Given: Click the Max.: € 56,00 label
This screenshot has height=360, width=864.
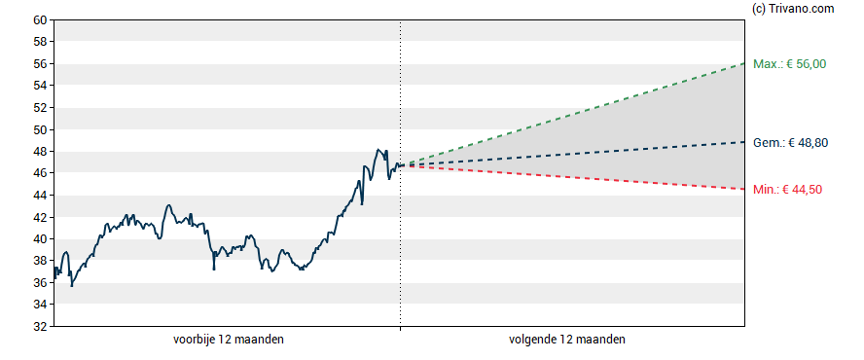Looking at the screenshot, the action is pos(790,64).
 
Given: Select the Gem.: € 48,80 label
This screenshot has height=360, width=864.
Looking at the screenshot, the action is pos(790,142).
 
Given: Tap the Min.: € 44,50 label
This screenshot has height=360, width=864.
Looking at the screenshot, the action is pos(787,190).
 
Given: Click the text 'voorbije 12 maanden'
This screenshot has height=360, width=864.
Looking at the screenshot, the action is pos(229,340).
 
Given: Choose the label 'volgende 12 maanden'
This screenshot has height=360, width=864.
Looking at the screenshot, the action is pos(567,340).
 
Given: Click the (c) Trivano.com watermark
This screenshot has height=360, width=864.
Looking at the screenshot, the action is pos(793,9).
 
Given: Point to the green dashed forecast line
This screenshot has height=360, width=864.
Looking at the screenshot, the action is pos(572,114).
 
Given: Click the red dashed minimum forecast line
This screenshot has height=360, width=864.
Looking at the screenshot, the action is pos(572,177).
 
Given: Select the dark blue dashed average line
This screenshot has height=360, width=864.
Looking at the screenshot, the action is pos(572,154).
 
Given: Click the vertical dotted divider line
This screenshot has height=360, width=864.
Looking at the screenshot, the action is pos(401,173).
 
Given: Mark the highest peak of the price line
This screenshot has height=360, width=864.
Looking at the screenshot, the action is pos(378,150).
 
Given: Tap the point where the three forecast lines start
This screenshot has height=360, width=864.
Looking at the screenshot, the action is pos(401,164).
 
